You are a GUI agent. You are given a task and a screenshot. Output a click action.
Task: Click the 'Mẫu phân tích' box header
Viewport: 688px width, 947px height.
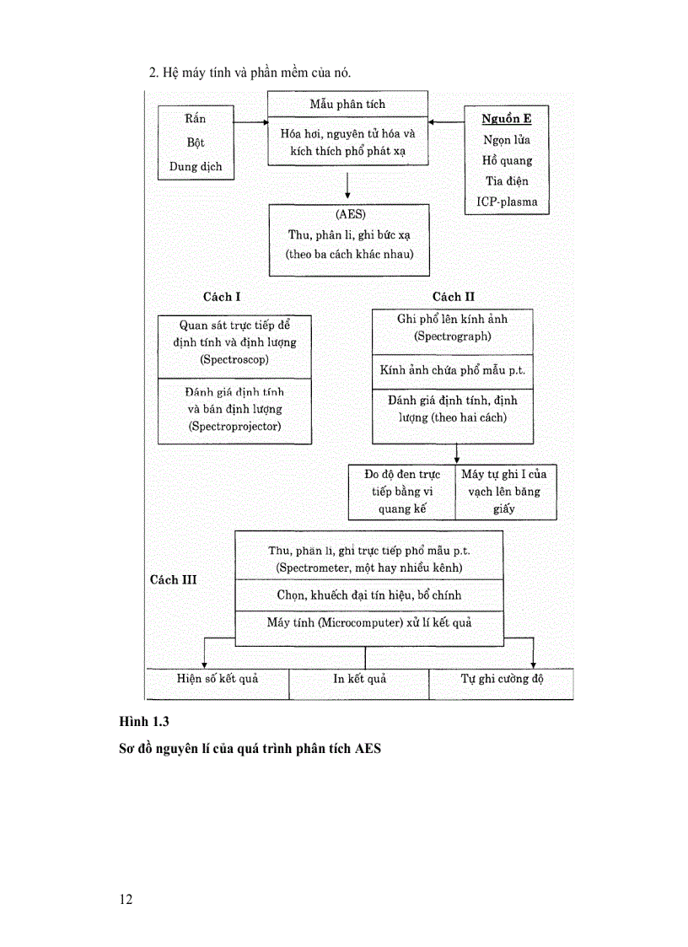coord(347,105)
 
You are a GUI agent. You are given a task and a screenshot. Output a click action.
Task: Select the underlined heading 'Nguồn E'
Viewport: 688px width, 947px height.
coord(506,119)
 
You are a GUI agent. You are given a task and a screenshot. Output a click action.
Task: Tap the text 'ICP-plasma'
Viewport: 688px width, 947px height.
coord(506,202)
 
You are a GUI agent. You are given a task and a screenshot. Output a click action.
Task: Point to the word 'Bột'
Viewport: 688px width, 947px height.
coord(196,143)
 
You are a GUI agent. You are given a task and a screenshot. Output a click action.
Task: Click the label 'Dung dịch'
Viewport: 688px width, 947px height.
coord(196,166)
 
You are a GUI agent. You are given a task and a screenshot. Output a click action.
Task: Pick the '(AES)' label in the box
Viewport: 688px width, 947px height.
coord(349,214)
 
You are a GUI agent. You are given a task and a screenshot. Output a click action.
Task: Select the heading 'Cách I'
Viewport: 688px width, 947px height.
coord(222,297)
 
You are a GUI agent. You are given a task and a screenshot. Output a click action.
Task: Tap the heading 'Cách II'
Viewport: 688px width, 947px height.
coord(453,297)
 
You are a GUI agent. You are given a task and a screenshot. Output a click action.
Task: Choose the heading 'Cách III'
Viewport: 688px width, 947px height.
coord(173,579)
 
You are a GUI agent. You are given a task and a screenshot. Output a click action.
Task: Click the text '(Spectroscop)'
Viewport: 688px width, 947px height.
coord(234,359)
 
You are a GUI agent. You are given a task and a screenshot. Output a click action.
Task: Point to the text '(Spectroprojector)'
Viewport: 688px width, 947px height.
coord(234,426)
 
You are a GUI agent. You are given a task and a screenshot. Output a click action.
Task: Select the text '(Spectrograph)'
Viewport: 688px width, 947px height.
coord(453,336)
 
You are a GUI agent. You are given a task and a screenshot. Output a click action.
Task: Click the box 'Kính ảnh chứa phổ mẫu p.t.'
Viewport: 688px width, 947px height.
coord(453,371)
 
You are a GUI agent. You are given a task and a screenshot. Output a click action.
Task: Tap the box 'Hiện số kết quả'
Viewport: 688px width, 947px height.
coord(218,679)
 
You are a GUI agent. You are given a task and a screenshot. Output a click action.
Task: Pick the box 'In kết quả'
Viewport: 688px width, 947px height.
coord(359,679)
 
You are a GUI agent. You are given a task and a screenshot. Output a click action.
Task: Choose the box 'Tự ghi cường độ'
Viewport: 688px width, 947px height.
coord(501,679)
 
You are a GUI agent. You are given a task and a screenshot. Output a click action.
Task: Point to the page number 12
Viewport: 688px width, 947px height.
coord(126,899)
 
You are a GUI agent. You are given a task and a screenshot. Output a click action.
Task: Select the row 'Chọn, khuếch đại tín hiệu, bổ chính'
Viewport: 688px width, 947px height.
coord(368,595)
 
